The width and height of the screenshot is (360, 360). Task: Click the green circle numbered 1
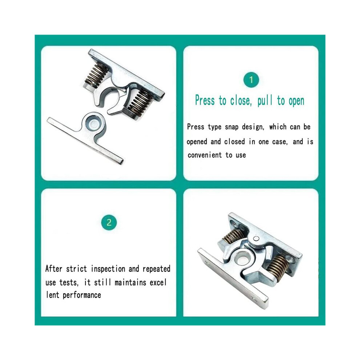point(251,80)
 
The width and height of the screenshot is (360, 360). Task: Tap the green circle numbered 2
point(109,223)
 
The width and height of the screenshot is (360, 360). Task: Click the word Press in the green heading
point(205,101)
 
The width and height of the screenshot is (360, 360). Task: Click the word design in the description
point(253,127)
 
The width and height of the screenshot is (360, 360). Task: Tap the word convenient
point(205,155)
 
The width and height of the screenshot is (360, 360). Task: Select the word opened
point(197,142)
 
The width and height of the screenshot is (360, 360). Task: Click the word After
point(53,269)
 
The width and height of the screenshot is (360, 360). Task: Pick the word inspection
point(108,269)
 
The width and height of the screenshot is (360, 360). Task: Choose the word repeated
point(156,269)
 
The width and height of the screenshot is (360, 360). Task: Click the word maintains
point(131,282)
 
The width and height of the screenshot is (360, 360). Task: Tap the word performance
point(82,295)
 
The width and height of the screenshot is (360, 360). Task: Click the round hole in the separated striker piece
point(94,124)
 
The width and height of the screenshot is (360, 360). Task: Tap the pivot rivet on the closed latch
point(256,239)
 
